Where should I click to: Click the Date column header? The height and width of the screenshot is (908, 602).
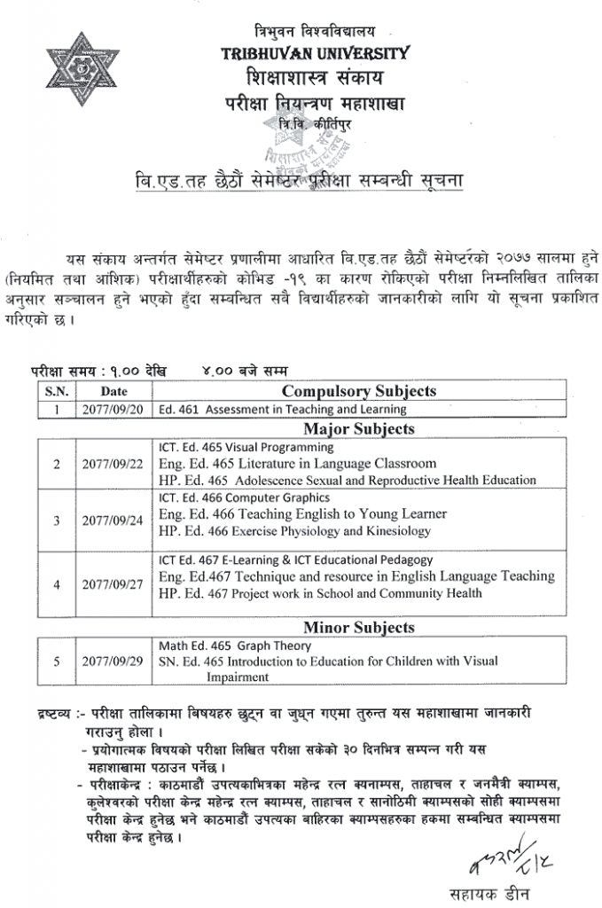(113, 390)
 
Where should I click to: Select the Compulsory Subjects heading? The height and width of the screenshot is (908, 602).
(358, 390)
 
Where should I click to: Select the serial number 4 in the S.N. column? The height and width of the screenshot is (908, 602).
(56, 585)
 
